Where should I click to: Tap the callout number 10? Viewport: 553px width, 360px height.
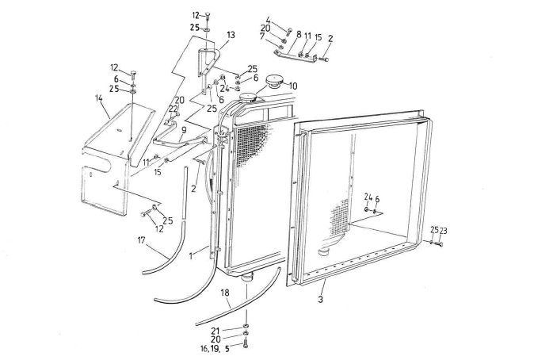(x=293, y=86)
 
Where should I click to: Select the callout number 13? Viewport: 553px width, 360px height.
(x=231, y=35)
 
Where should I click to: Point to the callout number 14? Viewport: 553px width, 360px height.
(x=98, y=99)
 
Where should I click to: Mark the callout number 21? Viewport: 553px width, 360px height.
(x=215, y=331)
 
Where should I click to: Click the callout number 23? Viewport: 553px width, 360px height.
(x=442, y=230)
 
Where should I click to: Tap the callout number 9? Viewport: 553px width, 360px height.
(x=183, y=128)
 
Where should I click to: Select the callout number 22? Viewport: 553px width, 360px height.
(x=174, y=109)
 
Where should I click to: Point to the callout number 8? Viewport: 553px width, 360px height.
(x=299, y=35)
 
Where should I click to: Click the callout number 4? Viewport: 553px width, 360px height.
(x=268, y=19)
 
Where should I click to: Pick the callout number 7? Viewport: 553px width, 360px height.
(x=262, y=36)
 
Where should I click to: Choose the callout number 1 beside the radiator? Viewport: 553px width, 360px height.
(x=191, y=256)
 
